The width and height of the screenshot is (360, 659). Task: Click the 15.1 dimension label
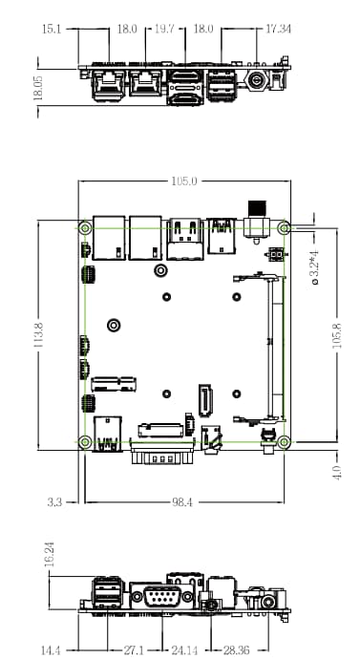pos(52,30)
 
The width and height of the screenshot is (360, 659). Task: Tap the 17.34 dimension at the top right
pos(279,30)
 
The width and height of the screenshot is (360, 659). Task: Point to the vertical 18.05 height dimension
pos(38,88)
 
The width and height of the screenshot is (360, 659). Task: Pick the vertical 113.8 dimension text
pos(38,336)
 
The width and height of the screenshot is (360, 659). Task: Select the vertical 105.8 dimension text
pos(336,336)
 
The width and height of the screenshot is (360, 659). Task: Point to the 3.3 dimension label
pos(54,501)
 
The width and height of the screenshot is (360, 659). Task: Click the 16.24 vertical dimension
pos(50,556)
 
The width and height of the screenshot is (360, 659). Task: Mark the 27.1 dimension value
pos(135,649)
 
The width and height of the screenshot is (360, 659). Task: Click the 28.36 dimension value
pos(237,649)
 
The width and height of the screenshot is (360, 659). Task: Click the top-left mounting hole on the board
pos(85,229)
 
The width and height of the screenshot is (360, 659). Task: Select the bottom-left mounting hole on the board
pos(85,441)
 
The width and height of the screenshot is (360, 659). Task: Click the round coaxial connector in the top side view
pos(257,83)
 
